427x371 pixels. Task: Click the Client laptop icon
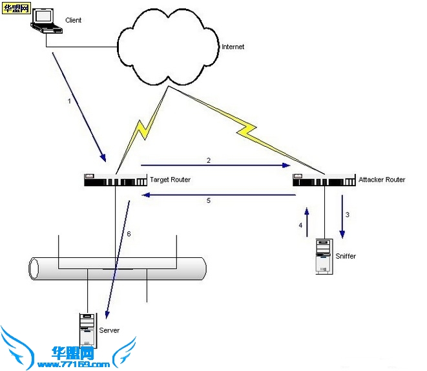point(46,20)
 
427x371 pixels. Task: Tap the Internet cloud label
point(233,47)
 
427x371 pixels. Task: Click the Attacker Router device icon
point(324,179)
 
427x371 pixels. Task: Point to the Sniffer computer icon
point(324,257)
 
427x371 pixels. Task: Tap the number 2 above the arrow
point(209,160)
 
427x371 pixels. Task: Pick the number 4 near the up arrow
point(300,225)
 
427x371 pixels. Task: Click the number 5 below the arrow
point(208,200)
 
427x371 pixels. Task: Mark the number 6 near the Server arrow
point(129,234)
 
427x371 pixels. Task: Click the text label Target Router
point(170,180)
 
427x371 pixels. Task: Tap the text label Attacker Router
point(382,180)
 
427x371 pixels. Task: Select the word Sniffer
point(346,257)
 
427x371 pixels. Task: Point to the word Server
point(109,330)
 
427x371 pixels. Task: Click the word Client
point(74,21)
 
